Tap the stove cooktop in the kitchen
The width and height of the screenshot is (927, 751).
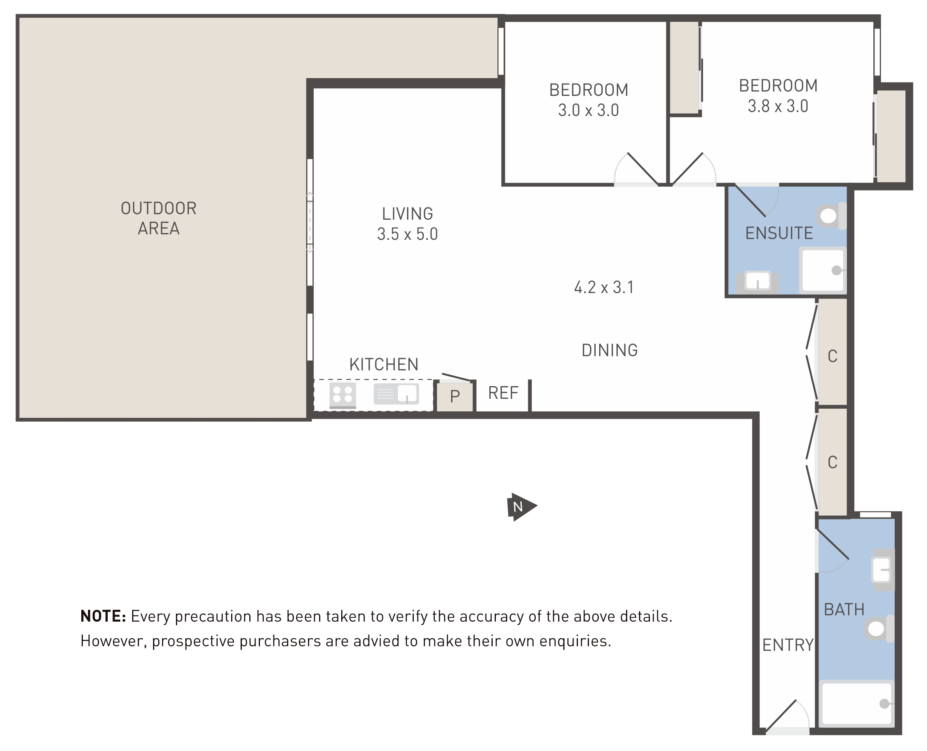(343, 395)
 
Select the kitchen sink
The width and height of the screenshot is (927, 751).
(396, 394)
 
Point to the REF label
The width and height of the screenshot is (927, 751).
(503, 393)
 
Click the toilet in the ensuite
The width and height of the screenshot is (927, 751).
(832, 216)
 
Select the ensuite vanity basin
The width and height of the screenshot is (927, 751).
(757, 282)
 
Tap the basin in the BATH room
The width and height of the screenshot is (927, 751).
(883, 570)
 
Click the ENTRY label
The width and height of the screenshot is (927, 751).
(788, 645)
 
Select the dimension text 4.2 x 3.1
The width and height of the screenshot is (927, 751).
(604, 287)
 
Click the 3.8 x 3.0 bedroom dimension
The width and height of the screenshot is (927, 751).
(778, 106)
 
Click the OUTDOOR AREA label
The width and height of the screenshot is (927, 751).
(159, 218)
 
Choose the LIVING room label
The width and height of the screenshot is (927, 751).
(407, 214)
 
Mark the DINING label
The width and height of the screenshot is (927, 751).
(609, 350)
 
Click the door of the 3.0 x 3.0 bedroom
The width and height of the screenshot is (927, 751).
(643, 169)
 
